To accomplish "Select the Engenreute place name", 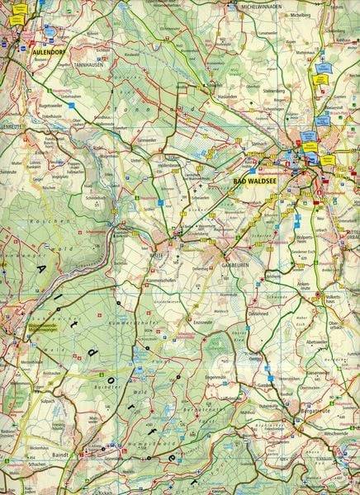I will click(x=216, y=375).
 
